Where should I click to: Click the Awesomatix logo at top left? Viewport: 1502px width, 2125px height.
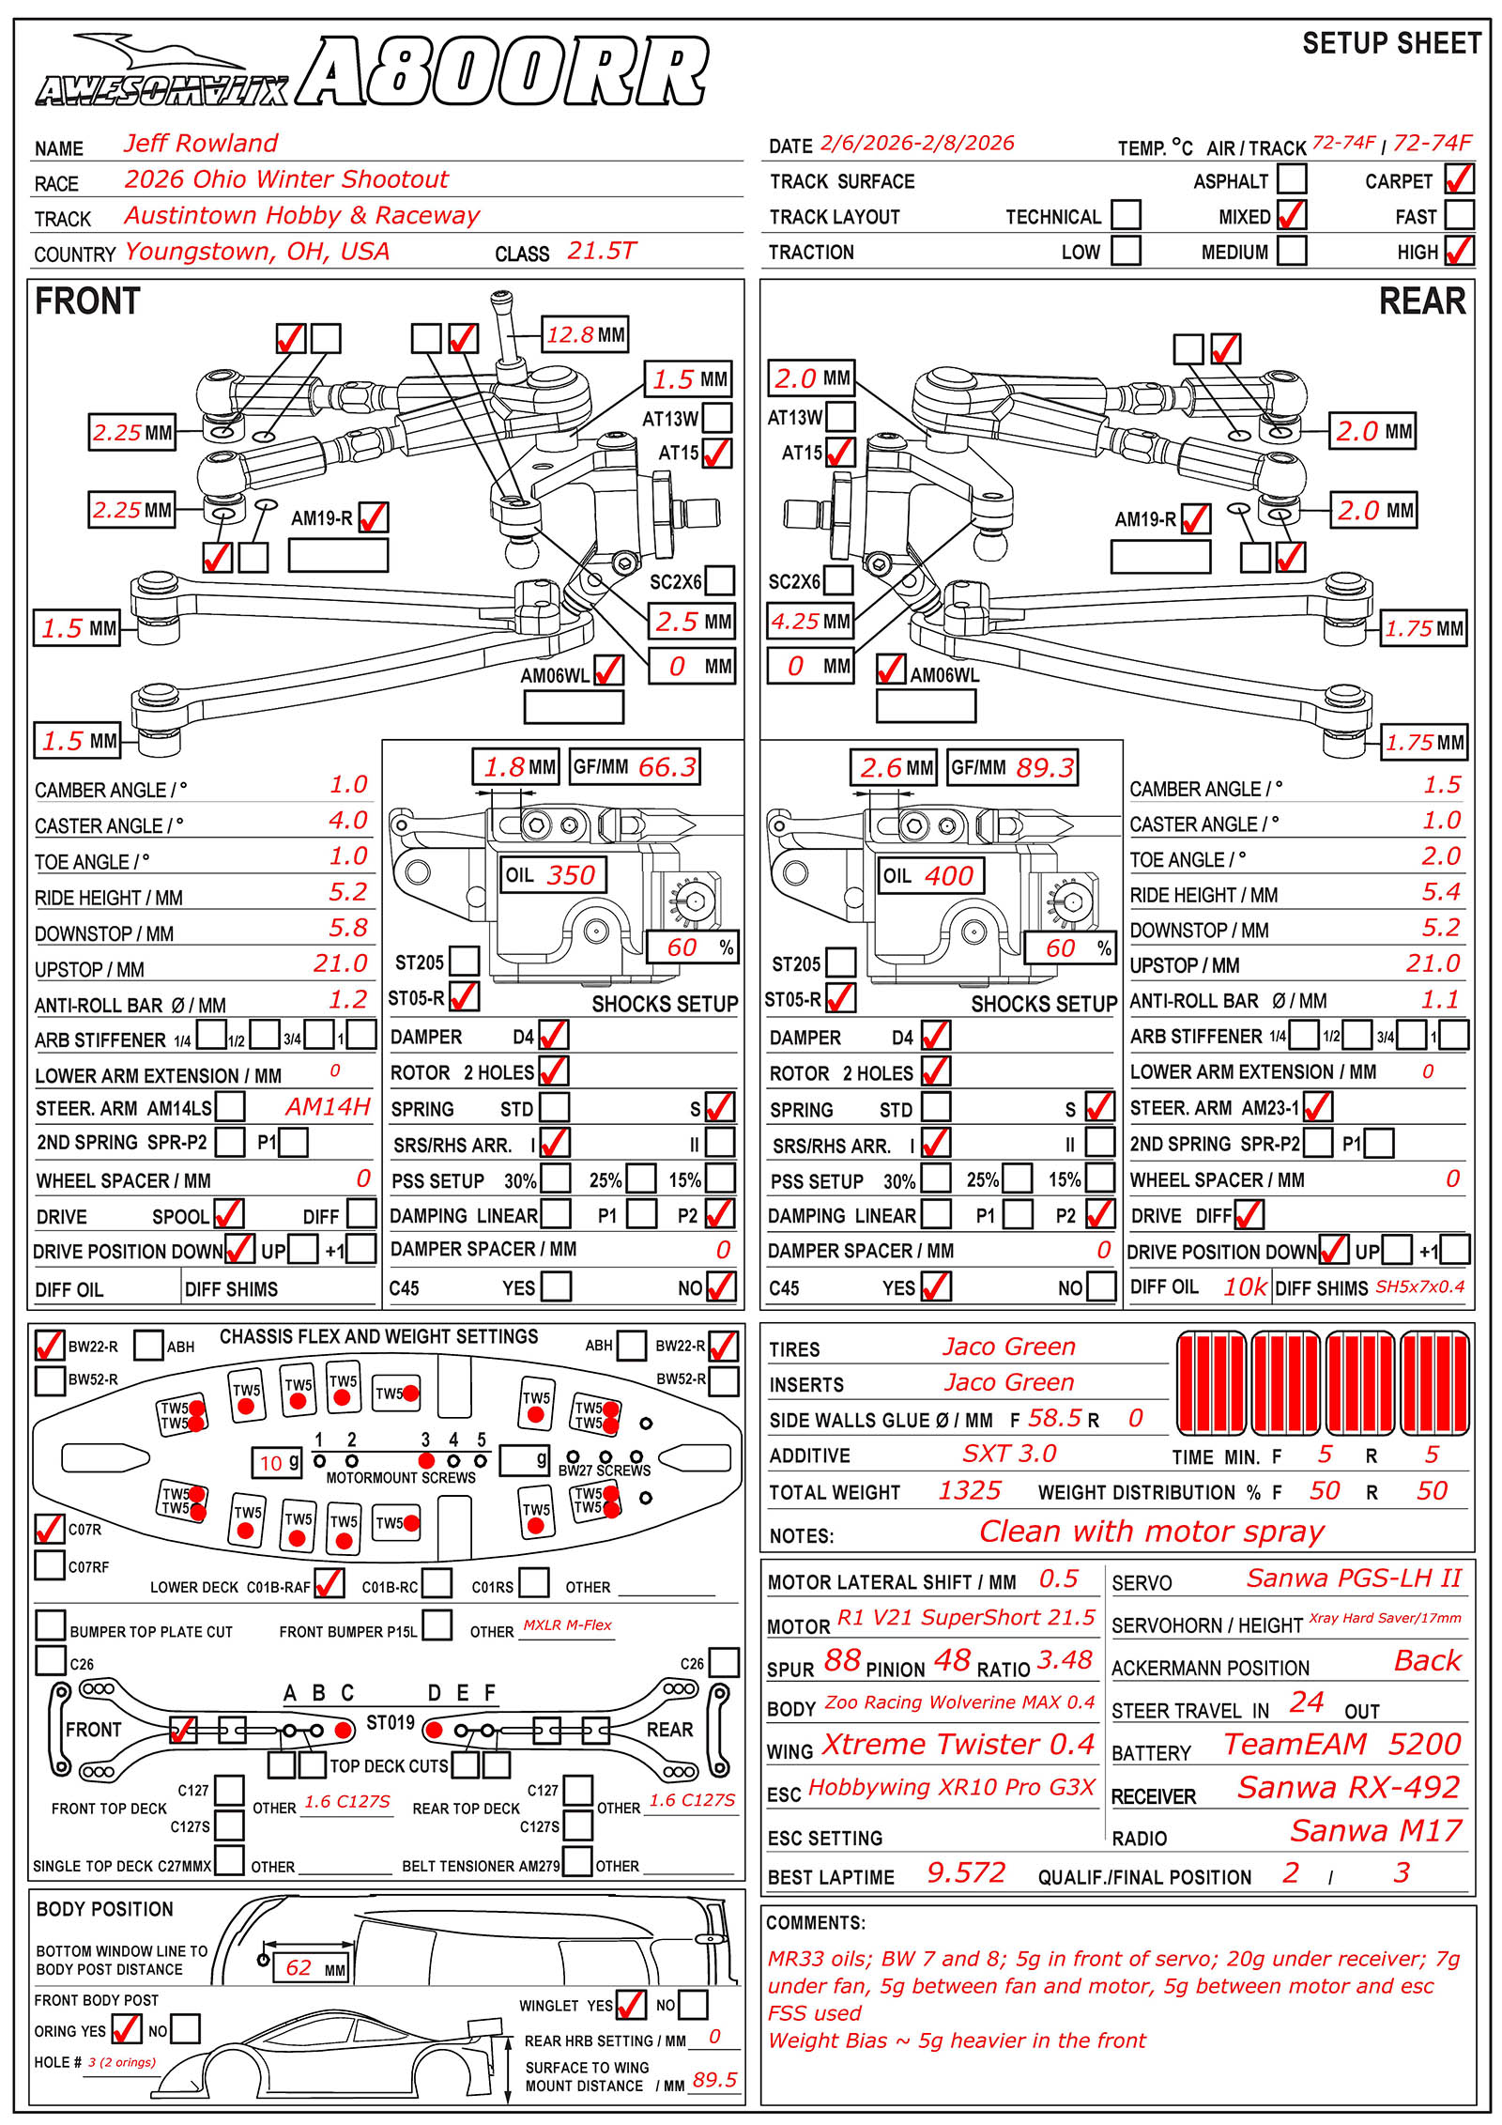tap(161, 75)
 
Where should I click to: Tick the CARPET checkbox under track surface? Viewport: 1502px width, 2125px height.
tap(1459, 178)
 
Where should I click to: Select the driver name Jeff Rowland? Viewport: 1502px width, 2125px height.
tap(201, 144)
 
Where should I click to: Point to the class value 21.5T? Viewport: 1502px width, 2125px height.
tap(601, 252)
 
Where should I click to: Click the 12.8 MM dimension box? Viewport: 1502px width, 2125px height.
tap(586, 335)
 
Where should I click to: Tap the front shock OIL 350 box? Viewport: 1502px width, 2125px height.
tap(552, 875)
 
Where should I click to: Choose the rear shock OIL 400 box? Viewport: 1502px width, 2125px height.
tap(930, 876)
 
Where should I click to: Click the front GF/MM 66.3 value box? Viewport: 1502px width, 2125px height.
tap(636, 767)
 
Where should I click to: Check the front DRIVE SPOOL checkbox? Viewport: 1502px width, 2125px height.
tap(228, 1214)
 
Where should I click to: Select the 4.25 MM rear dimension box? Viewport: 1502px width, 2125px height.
tap(810, 621)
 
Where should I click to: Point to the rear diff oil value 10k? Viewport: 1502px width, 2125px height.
tap(1245, 1287)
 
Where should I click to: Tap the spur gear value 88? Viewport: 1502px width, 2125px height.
tap(842, 1660)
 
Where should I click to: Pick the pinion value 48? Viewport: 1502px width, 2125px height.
tap(951, 1660)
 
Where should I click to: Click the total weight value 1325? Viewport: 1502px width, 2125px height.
tap(970, 1490)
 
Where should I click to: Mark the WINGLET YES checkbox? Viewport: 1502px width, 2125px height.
tap(631, 2005)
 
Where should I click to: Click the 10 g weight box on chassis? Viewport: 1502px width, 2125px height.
tap(277, 1462)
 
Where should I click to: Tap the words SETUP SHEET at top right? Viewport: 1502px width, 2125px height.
tap(1391, 43)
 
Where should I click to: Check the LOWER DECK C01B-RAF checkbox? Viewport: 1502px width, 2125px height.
tap(329, 1583)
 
